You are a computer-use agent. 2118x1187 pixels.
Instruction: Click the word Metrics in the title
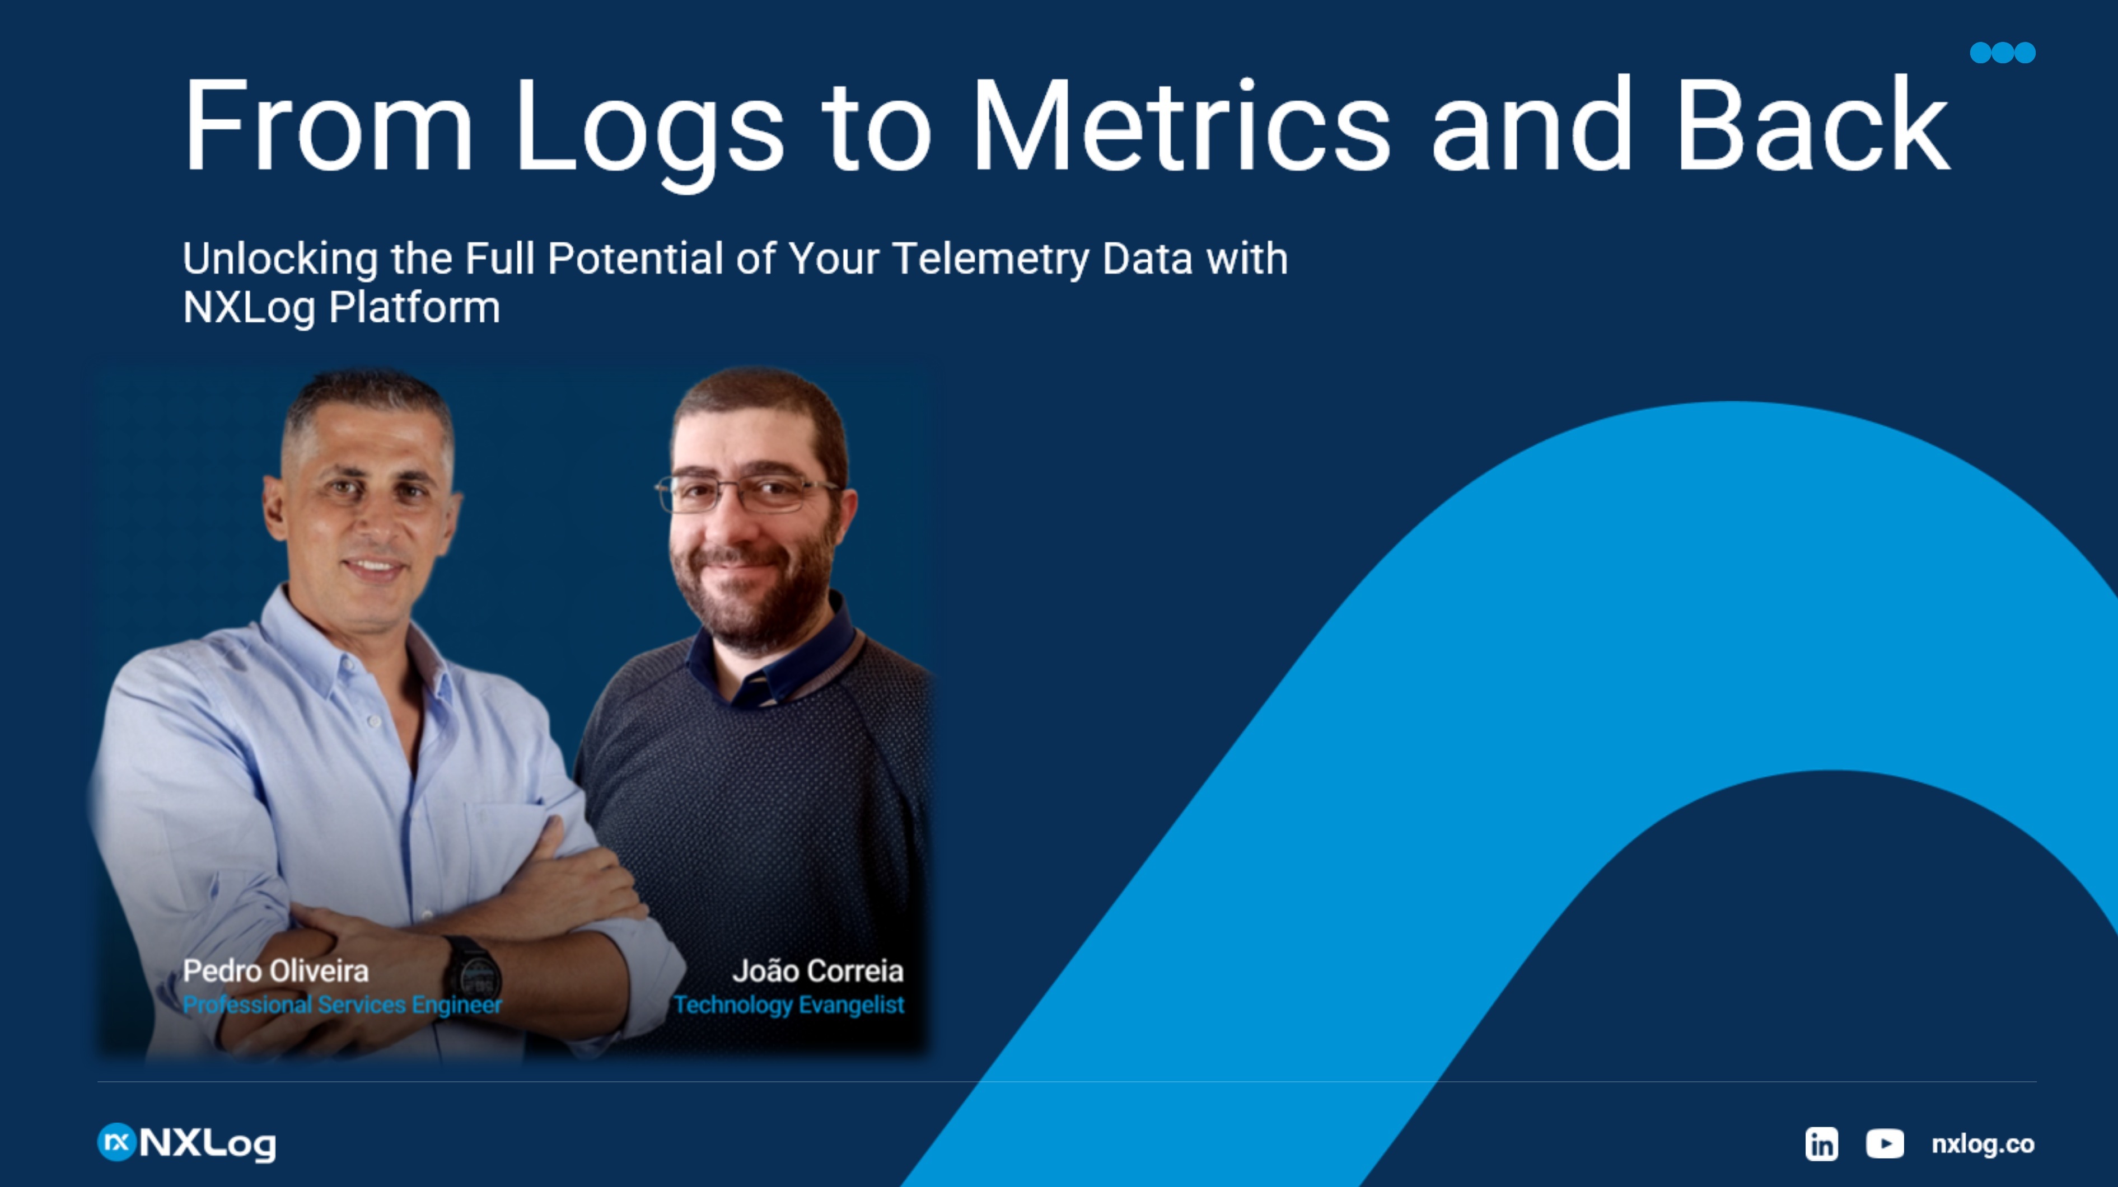pyautogui.click(x=1181, y=125)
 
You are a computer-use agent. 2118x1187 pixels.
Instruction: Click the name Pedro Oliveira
pyautogui.click(x=275, y=971)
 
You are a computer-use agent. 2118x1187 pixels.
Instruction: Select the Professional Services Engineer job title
pyautogui.click(x=342, y=1005)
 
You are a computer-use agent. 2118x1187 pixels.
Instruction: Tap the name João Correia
pyautogui.click(x=817, y=971)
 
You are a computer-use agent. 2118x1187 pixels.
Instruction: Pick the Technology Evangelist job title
pyautogui.click(x=788, y=1005)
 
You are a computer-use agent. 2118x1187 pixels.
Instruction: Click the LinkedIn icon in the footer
pyautogui.click(x=1821, y=1143)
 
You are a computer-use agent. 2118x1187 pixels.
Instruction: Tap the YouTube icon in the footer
pyautogui.click(x=1885, y=1143)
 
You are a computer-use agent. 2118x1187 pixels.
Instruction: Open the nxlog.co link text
pyautogui.click(x=1983, y=1143)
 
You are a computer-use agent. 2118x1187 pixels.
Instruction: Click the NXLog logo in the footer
pyautogui.click(x=186, y=1143)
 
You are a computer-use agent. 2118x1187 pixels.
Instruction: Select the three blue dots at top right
pyautogui.click(x=2003, y=53)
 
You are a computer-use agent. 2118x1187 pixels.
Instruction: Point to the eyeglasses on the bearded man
pyautogui.click(x=744, y=491)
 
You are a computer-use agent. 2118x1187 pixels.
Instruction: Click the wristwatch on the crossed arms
pyautogui.click(x=473, y=974)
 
